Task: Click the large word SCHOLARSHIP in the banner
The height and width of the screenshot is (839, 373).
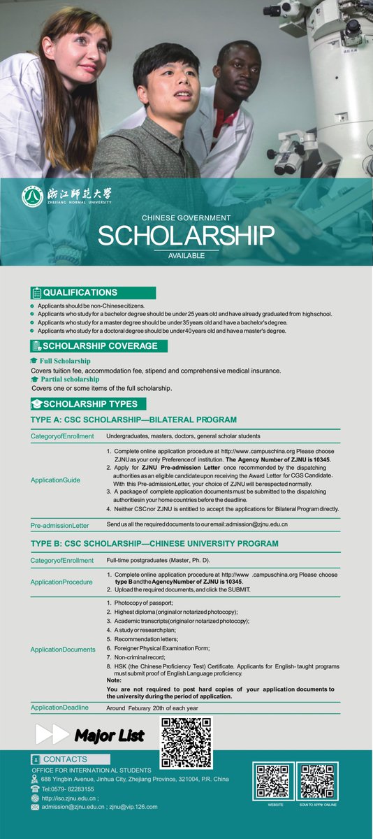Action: [x=186, y=236]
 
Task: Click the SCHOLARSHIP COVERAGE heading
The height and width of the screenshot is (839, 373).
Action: [x=98, y=346]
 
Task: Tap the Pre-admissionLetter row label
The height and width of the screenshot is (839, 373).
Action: [x=60, y=525]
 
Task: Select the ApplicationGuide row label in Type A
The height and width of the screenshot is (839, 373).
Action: [x=55, y=480]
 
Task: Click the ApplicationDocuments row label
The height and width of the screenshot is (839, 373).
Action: [x=63, y=650]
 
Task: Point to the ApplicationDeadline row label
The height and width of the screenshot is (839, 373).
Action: [x=60, y=708]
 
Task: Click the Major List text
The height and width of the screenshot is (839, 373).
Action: [x=110, y=736]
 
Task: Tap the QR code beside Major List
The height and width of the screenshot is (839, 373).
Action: [x=186, y=742]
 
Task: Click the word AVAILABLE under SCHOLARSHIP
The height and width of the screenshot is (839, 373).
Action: [x=186, y=256]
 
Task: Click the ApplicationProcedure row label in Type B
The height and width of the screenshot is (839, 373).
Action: [x=61, y=582]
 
